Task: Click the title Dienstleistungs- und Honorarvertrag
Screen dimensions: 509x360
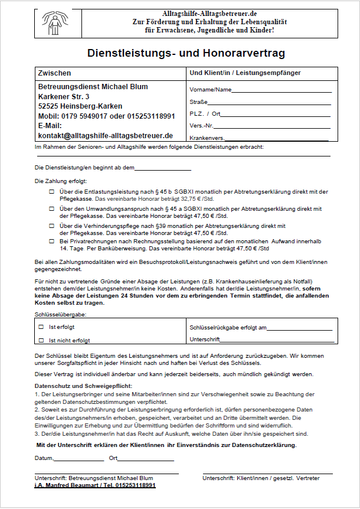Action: pos(186,53)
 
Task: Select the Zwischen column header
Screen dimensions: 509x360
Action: pos(54,73)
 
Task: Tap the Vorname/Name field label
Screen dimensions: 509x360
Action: pos(210,90)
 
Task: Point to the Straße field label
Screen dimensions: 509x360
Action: pos(198,102)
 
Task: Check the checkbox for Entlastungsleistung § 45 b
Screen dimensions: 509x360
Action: pos(51,192)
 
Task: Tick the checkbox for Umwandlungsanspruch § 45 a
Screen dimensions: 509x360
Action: pos(51,208)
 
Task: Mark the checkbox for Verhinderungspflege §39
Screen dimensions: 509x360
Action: pos(51,225)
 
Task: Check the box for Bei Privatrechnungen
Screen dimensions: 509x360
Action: pos(51,242)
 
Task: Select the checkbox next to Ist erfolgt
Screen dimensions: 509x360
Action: pos(41,327)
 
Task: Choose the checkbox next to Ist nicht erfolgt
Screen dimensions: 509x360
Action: pos(41,340)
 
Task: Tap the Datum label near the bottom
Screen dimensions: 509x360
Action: pos(44,458)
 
